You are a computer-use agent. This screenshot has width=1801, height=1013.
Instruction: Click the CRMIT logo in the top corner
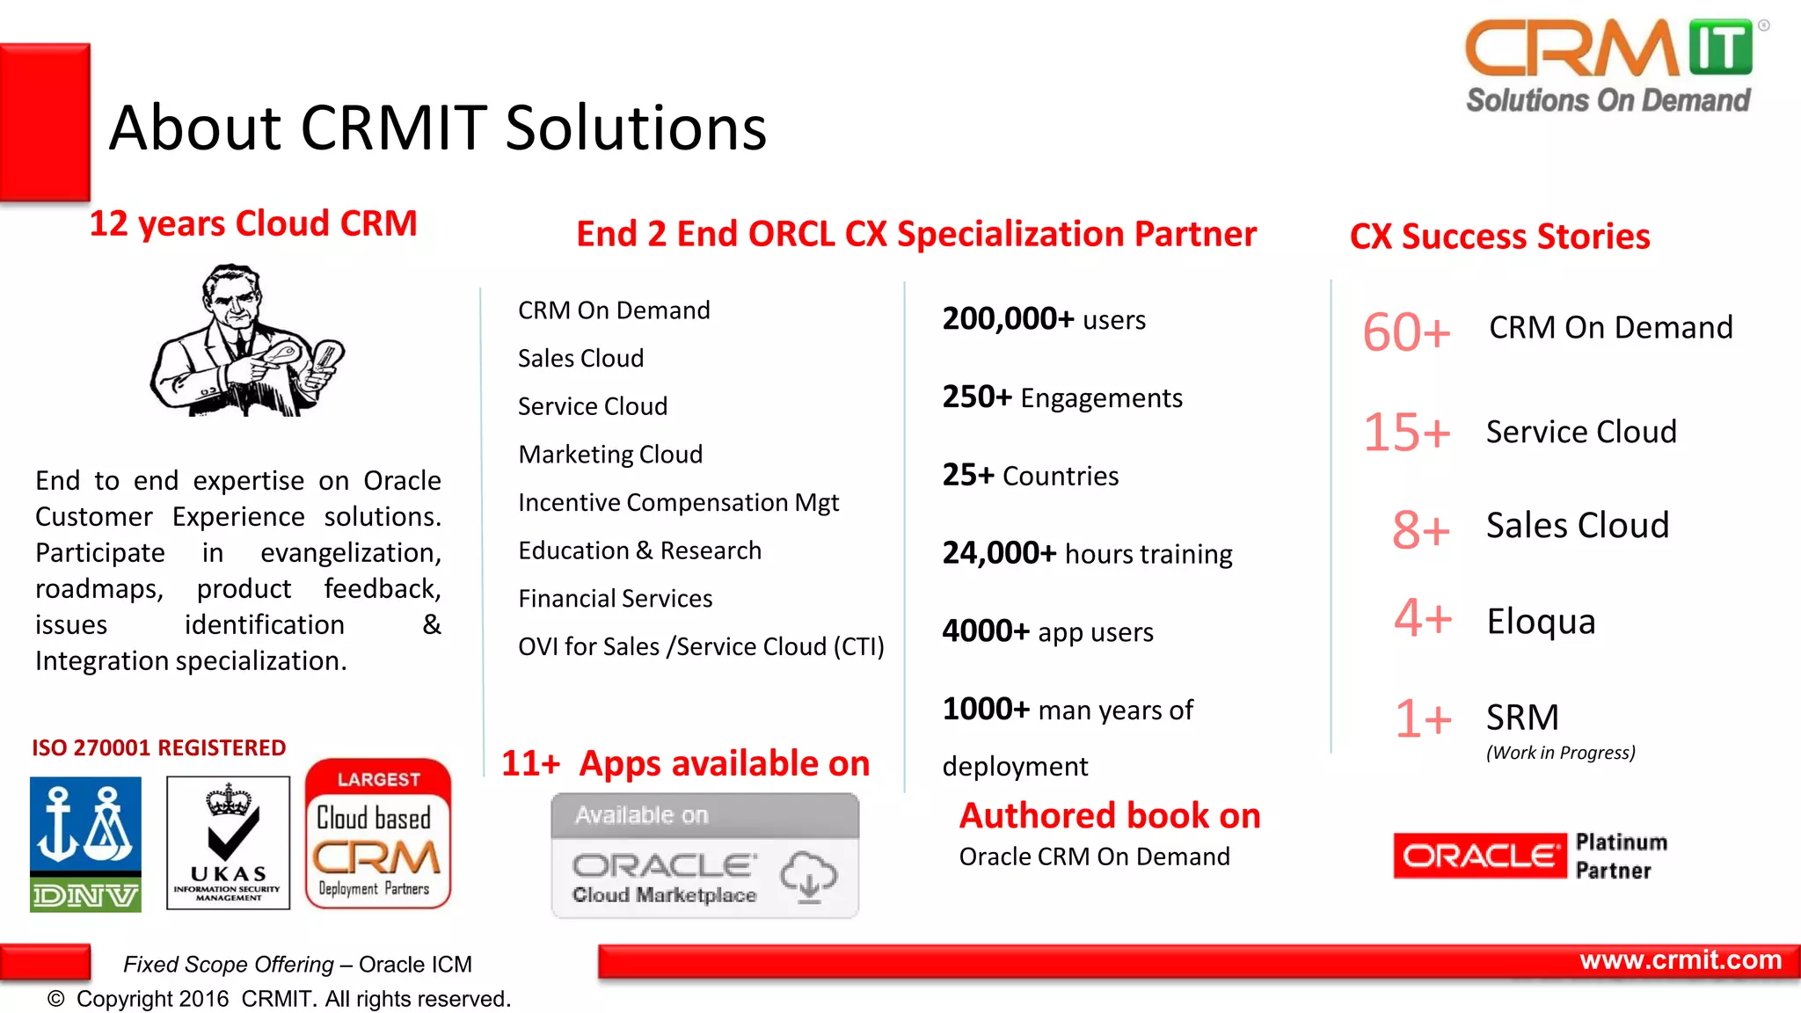[x=1608, y=67]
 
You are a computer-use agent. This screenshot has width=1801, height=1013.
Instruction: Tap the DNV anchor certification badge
[x=85, y=843]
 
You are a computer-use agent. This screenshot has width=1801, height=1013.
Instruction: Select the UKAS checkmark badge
[x=228, y=842]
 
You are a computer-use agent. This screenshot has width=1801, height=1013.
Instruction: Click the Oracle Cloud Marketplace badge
[x=704, y=856]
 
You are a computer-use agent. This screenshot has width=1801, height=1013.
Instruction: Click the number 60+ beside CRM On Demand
[x=1406, y=332]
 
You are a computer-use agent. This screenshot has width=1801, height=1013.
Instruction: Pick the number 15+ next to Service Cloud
[x=1406, y=433]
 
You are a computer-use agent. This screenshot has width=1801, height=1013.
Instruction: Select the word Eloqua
[x=1541, y=622]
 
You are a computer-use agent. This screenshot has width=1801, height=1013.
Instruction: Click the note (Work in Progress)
[x=1560, y=753]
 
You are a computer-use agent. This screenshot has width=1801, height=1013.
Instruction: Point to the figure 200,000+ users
[x=1044, y=319]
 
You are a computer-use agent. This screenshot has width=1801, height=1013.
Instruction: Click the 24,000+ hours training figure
[x=1087, y=553]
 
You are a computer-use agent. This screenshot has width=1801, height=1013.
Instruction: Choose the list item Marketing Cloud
[x=610, y=455]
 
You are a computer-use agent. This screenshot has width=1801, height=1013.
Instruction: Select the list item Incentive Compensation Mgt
[x=678, y=502]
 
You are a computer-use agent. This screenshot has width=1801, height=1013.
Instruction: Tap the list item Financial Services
[x=615, y=599]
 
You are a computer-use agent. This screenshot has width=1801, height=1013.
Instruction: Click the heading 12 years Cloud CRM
[x=253, y=223]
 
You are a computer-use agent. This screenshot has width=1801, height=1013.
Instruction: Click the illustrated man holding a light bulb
[x=247, y=341]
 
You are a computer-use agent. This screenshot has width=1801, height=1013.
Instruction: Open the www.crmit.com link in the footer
[x=1680, y=960]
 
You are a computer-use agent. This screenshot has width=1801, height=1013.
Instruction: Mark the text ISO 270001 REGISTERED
[x=159, y=748]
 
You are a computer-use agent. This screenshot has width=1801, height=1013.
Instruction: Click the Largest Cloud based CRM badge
[x=378, y=834]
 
